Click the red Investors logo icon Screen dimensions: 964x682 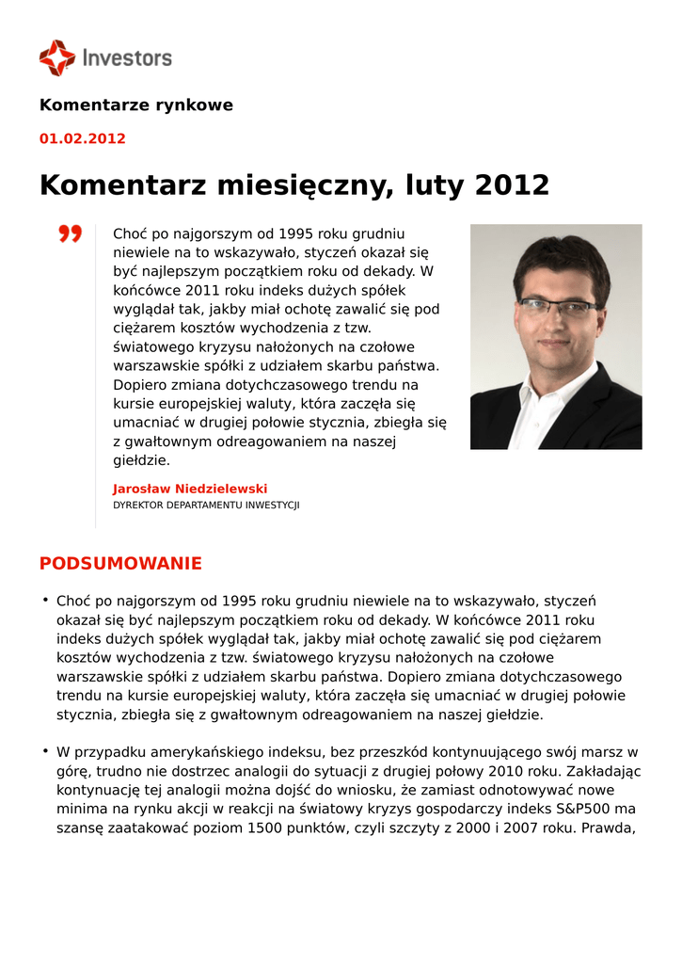[x=56, y=57]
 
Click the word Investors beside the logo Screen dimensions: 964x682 [x=127, y=58]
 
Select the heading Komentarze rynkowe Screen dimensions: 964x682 [x=135, y=104]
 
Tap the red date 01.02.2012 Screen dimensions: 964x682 [x=82, y=138]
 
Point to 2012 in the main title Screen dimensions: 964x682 [x=512, y=185]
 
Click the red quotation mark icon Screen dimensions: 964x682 [x=70, y=233]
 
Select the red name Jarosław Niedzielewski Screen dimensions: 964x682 [x=190, y=489]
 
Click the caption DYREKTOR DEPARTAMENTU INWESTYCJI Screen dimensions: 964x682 [x=206, y=506]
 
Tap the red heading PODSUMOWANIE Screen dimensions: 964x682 [x=120, y=564]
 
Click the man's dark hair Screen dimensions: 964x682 [x=561, y=259]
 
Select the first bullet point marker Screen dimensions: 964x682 [x=44, y=600]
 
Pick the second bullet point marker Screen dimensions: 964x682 [x=44, y=750]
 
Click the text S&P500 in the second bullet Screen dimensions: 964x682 [x=583, y=810]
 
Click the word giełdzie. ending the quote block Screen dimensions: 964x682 [x=141, y=460]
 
